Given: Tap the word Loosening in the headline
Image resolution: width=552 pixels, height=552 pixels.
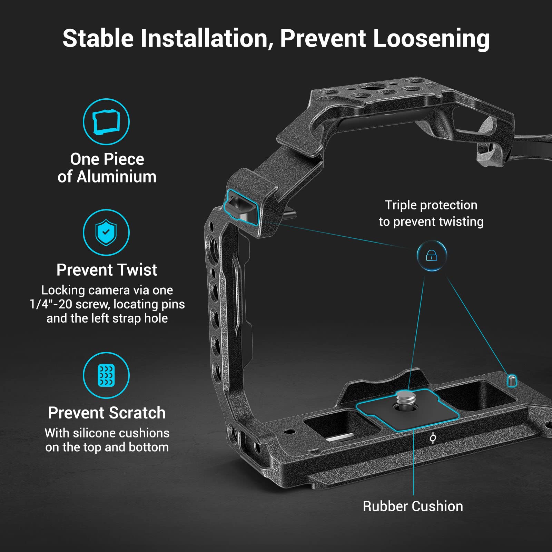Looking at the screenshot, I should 431,39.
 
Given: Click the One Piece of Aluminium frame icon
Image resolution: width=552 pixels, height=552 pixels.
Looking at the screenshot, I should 106,122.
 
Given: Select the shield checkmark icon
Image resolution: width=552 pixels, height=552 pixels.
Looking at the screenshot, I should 106,232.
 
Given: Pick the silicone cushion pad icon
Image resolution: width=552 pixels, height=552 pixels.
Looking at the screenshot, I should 106,375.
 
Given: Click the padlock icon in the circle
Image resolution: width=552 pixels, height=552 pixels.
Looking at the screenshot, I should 432,256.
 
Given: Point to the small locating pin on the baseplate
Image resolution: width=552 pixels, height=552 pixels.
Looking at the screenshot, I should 512,380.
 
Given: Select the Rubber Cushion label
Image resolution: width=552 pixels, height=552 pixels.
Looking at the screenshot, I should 413,506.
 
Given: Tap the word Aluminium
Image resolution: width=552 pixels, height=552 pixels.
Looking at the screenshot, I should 117,177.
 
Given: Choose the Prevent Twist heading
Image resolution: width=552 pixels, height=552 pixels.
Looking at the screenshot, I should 107,270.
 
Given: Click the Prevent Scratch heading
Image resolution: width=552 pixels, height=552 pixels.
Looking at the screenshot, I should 107,413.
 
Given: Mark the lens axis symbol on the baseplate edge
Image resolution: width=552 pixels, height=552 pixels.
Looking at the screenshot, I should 433,438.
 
